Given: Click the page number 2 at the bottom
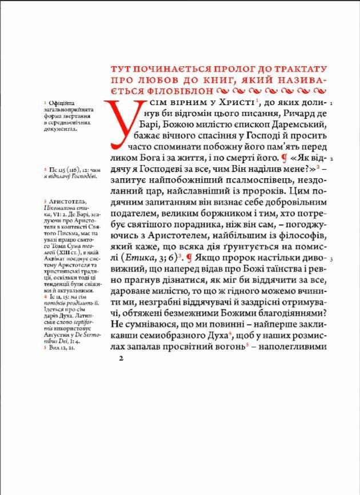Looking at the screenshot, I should [x=121, y=359].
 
